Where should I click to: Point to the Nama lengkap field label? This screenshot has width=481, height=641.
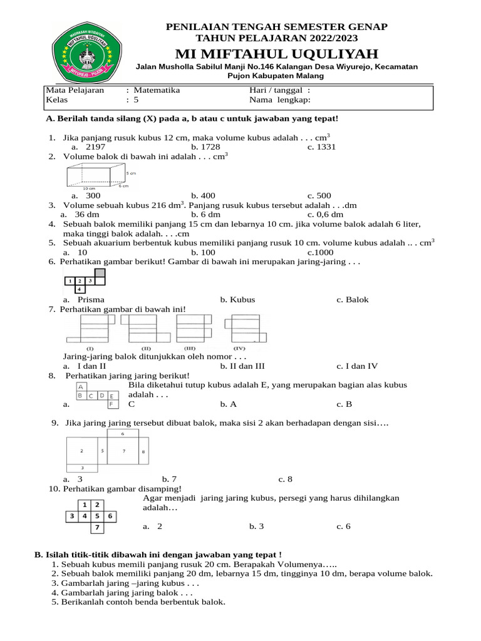coord(279,100)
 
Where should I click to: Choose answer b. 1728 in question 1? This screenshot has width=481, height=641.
coord(205,146)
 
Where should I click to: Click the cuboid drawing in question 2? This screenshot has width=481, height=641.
coord(96,176)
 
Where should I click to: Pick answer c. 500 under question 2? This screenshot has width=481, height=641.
coord(319,195)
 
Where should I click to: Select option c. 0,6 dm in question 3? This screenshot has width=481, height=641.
coord(325,213)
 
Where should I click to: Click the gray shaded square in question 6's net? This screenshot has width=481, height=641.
coord(99,273)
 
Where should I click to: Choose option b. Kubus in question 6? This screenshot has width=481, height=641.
coord(237,299)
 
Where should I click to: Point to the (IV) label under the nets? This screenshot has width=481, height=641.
coord(239,347)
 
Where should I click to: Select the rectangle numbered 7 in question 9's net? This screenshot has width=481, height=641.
coord(123,451)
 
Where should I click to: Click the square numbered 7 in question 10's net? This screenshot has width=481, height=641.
coord(96,528)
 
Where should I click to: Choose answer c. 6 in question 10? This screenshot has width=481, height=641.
coord(343,526)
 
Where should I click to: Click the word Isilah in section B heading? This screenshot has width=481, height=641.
coord(56,554)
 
